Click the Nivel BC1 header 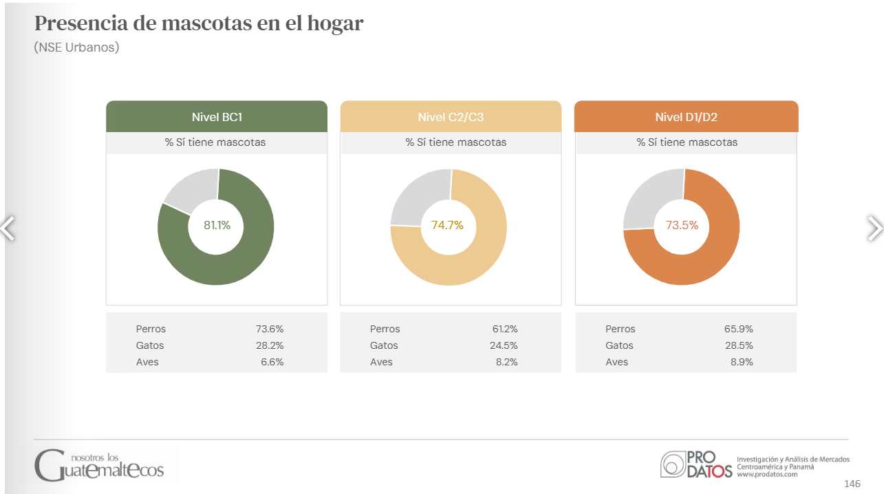[217, 117]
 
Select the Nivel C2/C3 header [451, 117]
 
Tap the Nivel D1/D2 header [686, 117]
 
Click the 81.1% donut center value [217, 225]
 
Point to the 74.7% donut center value [447, 225]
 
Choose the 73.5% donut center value [682, 225]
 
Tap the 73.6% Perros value [270, 329]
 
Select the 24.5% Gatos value [504, 345]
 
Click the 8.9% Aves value [742, 362]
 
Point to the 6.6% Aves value [272, 362]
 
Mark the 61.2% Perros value [505, 329]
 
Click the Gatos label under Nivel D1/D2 [619, 345]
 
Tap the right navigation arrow [874, 228]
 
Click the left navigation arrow [8, 228]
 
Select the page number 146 [852, 484]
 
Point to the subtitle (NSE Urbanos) [76, 48]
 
